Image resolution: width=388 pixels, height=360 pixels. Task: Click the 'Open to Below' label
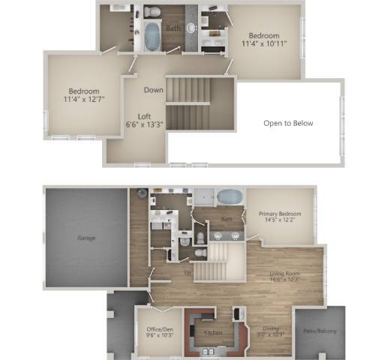coord(288,123)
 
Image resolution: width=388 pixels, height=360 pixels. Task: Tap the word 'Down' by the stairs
coord(153,89)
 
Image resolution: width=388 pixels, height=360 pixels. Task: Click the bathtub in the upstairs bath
coord(152,35)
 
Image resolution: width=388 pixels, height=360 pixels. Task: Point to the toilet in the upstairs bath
coord(152,12)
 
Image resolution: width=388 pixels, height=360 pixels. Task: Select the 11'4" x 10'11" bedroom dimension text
coord(264,44)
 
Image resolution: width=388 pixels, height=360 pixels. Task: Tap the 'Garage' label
coord(86,238)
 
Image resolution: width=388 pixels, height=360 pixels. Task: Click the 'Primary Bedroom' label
coord(279,214)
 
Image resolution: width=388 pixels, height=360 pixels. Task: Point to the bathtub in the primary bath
coord(230,197)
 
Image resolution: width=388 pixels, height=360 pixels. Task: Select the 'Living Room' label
coord(285,274)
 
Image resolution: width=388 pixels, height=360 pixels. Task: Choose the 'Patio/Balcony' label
coord(320,331)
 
